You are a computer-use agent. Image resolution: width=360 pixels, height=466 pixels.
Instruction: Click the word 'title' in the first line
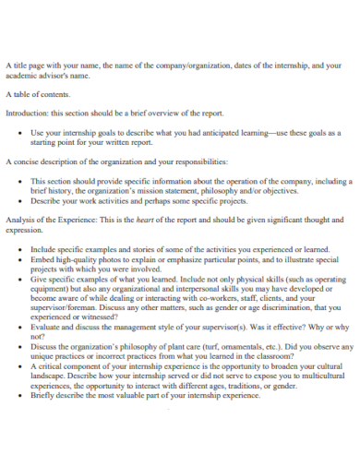point(23,66)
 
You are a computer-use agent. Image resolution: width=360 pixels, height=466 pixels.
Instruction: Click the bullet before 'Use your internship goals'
point(21,132)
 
